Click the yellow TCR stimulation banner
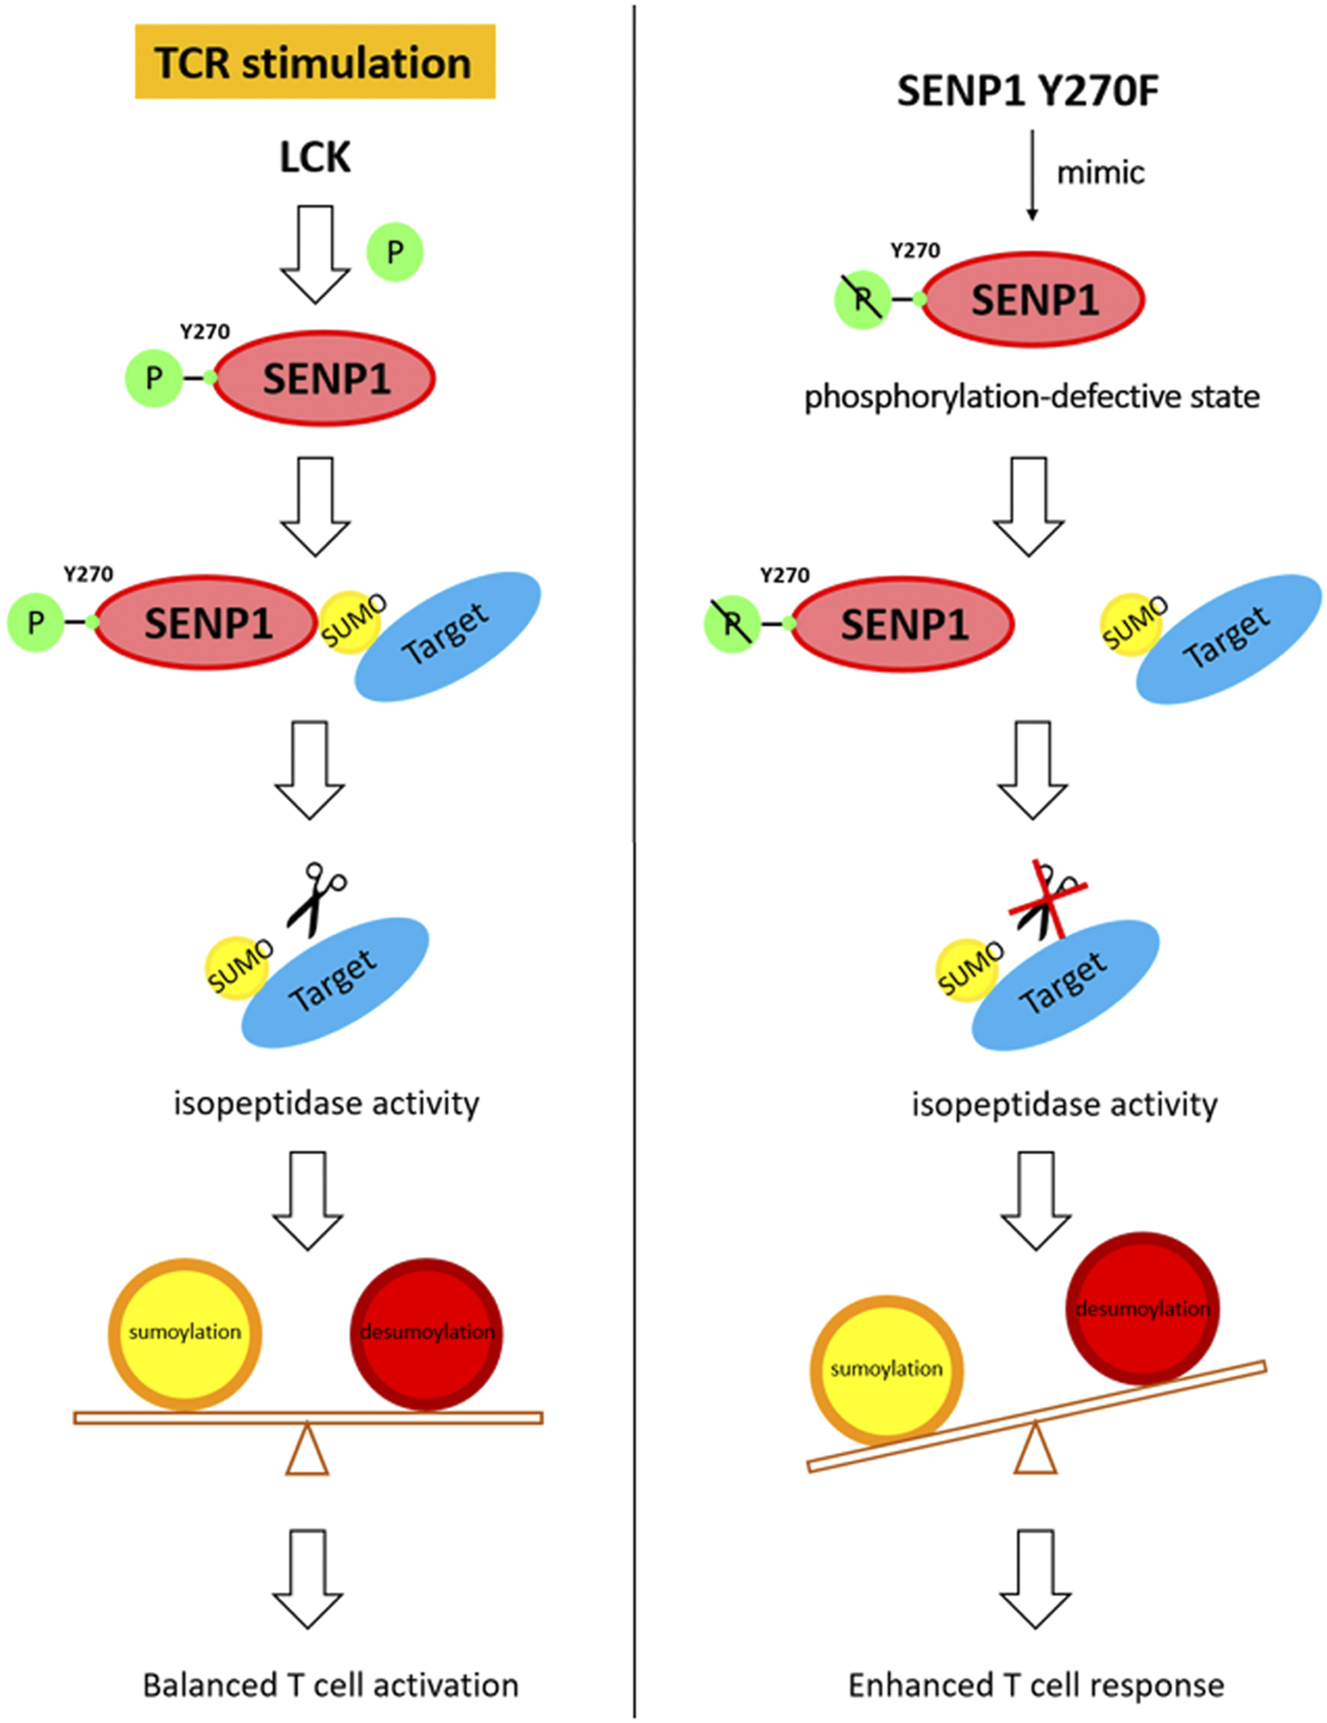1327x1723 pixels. [x=315, y=62]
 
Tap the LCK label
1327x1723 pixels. [x=315, y=157]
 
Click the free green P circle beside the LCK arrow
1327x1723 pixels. [x=395, y=251]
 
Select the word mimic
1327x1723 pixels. [x=1100, y=173]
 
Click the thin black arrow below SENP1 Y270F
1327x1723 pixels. [x=1032, y=174]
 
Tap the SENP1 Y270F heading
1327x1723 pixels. [x=1027, y=91]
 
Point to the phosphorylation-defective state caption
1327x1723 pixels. [x=1032, y=397]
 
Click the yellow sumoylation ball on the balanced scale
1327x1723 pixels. [x=185, y=1333]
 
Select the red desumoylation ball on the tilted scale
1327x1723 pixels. [x=1142, y=1308]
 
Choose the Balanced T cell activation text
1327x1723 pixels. [x=330, y=1686]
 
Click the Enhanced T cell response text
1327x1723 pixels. [x=1036, y=1686]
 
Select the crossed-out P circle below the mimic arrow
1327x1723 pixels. [x=862, y=299]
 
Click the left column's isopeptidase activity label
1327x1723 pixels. [x=326, y=1103]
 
